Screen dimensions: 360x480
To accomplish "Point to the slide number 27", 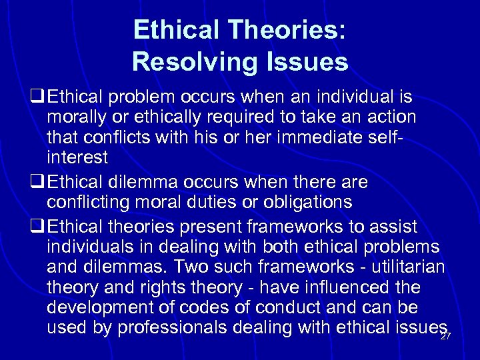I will pos(445,337).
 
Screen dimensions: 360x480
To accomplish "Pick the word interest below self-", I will pos(77,159).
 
